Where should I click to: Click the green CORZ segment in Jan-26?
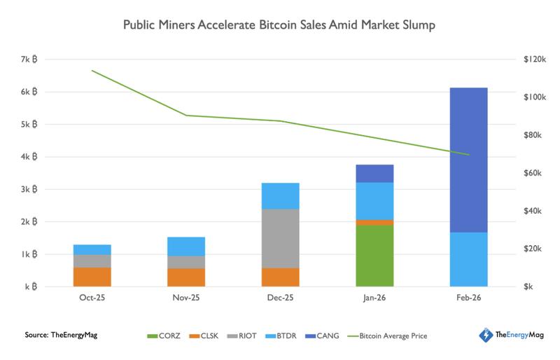374,256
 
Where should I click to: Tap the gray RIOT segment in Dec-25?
281,238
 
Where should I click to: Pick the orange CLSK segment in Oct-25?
92,277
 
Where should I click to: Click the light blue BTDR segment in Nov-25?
186,246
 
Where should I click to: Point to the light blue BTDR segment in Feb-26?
468,259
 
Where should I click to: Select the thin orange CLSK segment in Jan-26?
374,223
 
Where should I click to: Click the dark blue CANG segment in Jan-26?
374,173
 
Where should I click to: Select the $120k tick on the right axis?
533,60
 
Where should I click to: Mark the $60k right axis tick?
533,173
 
